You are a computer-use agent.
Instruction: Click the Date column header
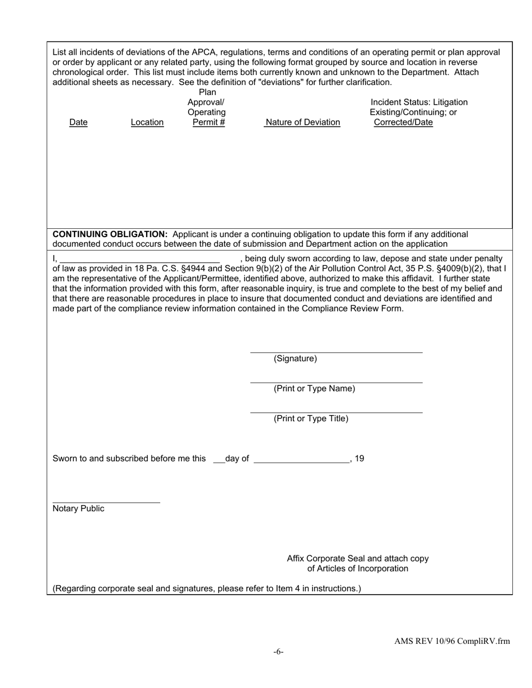78,122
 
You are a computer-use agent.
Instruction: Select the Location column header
147,122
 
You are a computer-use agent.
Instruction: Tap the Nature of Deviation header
302,122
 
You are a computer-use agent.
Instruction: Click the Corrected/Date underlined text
403,122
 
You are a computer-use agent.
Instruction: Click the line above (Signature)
336,352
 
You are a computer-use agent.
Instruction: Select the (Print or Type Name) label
314,389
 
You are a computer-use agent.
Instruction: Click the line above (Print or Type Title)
336,413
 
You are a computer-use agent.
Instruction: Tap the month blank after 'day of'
301,462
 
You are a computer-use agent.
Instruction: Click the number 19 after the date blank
360,459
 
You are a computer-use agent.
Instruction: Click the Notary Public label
78,508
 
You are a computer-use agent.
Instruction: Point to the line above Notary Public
106,502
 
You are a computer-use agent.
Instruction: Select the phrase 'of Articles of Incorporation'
358,568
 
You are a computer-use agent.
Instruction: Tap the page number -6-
279,652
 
